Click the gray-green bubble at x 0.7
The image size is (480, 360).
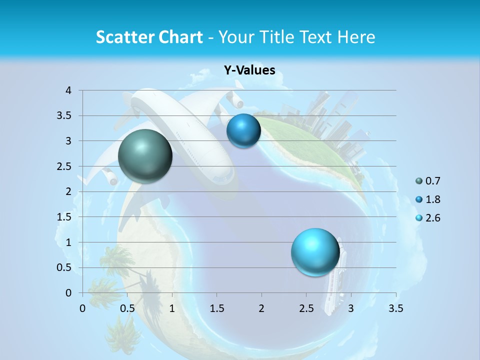(145, 156)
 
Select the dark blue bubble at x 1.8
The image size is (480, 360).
(243, 131)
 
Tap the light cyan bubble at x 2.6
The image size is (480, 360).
(315, 252)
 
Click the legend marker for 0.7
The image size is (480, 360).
(418, 181)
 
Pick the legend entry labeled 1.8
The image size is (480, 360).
(433, 199)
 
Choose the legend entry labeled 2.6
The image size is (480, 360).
(433, 218)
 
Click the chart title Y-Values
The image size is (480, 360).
(249, 70)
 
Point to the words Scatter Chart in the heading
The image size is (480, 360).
(149, 37)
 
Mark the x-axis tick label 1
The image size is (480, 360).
(172, 308)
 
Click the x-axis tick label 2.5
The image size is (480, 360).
(306, 308)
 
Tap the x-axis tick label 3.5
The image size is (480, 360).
(395, 308)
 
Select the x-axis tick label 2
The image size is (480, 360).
(261, 308)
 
